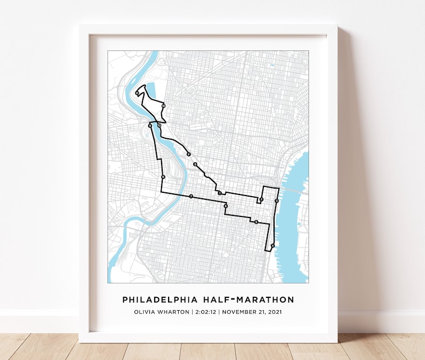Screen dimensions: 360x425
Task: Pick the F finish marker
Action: pyautogui.click(x=189, y=154)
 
